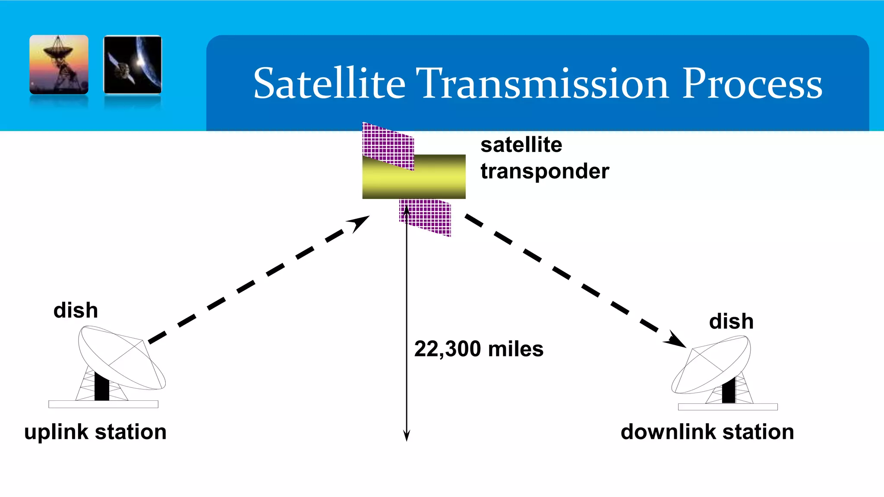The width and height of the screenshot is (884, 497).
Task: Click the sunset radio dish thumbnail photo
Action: (59, 64)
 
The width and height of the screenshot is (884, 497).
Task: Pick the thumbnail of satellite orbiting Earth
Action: (133, 64)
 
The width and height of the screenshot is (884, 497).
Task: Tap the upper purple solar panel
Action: (388, 145)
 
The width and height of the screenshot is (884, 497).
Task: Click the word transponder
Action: (545, 171)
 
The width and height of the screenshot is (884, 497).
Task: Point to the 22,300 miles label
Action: (479, 349)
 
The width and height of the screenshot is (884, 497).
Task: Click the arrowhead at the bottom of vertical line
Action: (406, 437)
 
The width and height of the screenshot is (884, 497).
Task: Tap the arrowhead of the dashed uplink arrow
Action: (360, 223)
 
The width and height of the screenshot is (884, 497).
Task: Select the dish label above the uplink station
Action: (76, 310)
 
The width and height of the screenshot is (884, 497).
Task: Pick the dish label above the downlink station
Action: (731, 321)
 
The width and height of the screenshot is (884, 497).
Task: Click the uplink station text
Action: (95, 432)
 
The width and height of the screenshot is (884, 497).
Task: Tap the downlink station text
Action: (707, 432)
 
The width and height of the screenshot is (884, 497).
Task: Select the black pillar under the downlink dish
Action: (729, 390)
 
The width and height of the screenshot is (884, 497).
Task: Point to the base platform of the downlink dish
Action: (728, 407)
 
